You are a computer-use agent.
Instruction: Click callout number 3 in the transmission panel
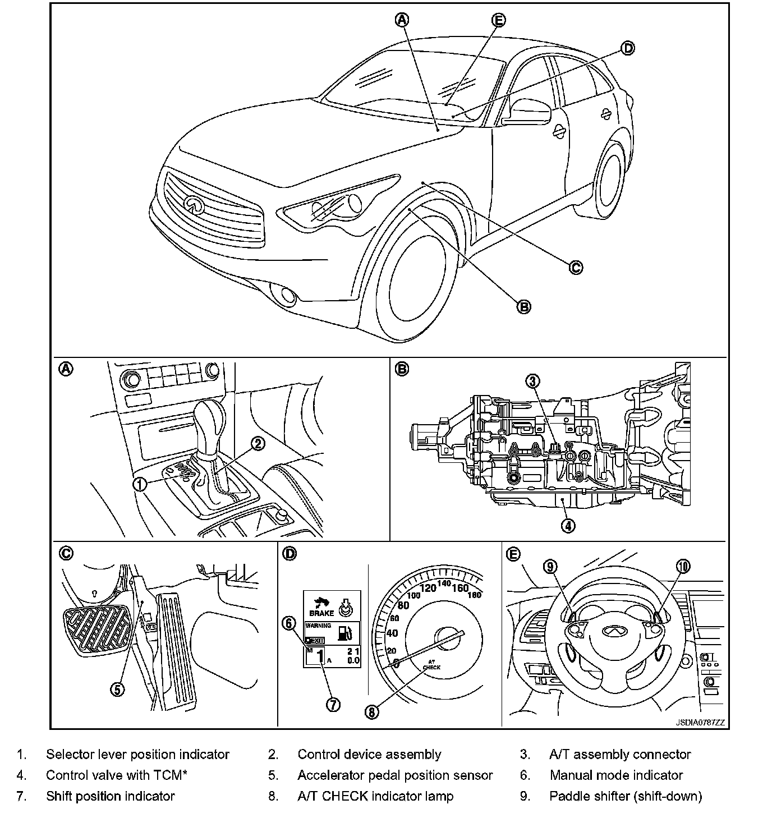click(532, 382)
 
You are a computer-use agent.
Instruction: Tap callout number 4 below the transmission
click(568, 526)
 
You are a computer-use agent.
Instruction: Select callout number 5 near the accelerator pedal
click(117, 690)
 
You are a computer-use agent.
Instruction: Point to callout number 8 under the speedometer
click(372, 711)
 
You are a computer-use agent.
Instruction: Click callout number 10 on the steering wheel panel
click(683, 567)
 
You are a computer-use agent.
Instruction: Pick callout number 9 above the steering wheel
click(551, 567)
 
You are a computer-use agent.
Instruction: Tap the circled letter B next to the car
click(523, 306)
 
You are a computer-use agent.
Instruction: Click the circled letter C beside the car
click(576, 268)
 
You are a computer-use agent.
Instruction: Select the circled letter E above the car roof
click(498, 20)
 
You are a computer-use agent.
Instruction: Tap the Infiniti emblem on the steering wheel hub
click(614, 631)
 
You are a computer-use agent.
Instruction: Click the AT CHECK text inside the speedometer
click(431, 664)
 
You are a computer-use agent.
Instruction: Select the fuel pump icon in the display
click(345, 632)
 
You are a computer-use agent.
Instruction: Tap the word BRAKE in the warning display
click(321, 613)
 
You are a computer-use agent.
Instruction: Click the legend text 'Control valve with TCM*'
click(116, 775)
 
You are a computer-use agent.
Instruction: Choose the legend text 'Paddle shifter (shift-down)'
click(626, 796)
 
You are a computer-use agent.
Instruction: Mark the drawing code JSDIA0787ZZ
click(700, 723)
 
